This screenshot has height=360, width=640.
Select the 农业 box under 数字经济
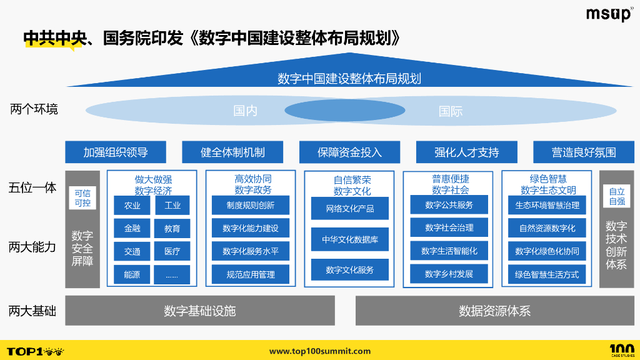click(132, 205)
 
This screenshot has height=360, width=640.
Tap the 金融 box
click(132, 228)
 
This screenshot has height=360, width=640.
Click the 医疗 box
click(172, 251)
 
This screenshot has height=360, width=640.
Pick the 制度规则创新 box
click(251, 205)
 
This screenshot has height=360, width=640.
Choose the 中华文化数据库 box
click(350, 239)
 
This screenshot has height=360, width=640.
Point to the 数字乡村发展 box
click(449, 274)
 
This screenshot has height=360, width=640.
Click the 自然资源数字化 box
click(547, 228)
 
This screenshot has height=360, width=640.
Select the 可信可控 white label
click(82, 198)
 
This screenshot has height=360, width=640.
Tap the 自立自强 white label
click(617, 196)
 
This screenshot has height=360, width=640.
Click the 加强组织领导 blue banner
click(116, 152)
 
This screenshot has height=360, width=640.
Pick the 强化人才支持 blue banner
click(467, 152)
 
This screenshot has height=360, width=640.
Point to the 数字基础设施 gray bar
click(200, 311)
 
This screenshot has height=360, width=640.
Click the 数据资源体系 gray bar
click(494, 311)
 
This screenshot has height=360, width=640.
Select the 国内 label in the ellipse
click(245, 111)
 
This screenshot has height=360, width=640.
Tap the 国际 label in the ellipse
click(451, 111)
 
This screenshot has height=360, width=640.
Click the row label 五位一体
click(32, 187)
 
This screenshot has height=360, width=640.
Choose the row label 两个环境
click(34, 109)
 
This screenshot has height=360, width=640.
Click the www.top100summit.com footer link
click(319, 351)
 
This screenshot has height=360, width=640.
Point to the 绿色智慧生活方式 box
click(547, 274)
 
